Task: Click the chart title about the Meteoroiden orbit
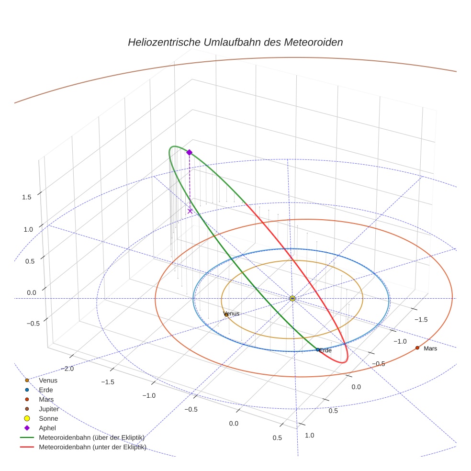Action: coord(235,42)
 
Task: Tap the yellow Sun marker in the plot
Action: coord(292,298)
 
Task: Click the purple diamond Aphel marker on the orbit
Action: coord(189,152)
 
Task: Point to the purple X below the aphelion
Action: coord(190,211)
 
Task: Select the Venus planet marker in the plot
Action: coord(226,314)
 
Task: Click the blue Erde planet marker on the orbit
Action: coord(318,349)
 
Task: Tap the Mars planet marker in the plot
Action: coord(417,348)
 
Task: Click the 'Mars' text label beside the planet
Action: coord(430,348)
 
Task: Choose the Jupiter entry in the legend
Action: coord(49,409)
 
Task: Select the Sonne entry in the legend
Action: coord(48,418)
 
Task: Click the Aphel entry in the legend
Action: coord(47,428)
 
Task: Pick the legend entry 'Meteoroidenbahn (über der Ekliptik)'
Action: coord(91,437)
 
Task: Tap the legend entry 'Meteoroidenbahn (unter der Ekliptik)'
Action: coord(92,447)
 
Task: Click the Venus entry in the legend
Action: coord(48,380)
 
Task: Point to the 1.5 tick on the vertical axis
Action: coord(27,197)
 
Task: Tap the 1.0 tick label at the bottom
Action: coord(310,435)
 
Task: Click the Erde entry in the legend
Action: coord(46,390)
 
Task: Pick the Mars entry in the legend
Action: coord(46,399)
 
